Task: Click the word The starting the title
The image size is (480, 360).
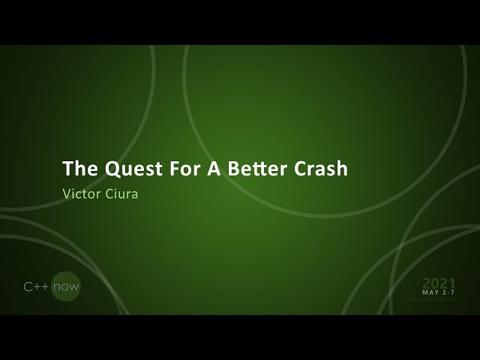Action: tap(76, 168)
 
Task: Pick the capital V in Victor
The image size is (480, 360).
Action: tap(67, 191)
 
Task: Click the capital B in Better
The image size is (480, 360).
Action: tap(228, 168)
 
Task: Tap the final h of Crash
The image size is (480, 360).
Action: tap(342, 168)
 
